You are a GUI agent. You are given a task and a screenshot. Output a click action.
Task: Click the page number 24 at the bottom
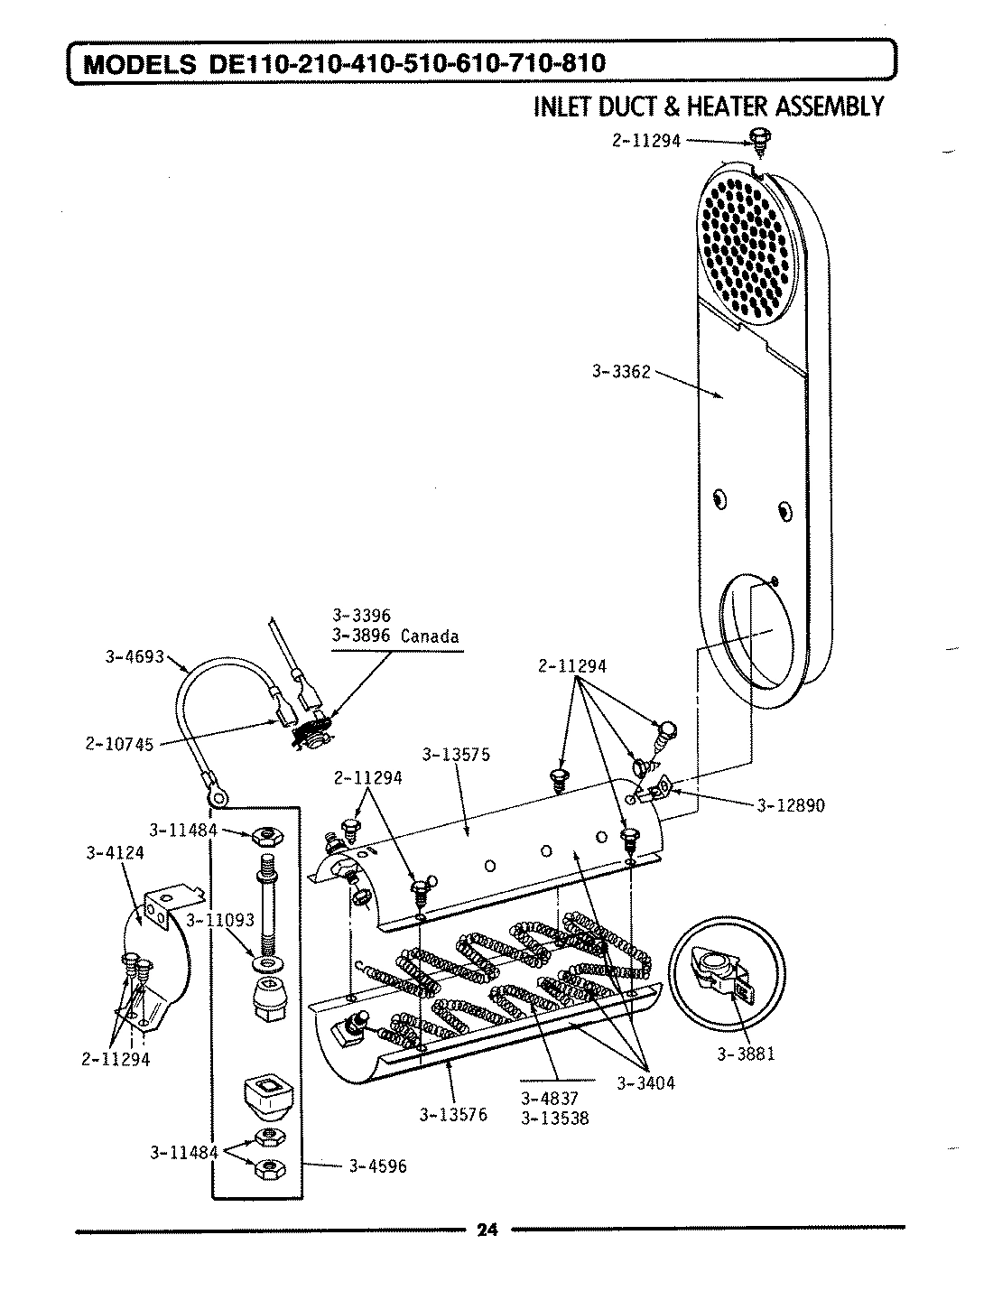click(487, 1229)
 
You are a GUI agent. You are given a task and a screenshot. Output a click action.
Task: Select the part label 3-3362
click(621, 371)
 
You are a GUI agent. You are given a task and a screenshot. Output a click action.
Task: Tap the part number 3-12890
click(790, 806)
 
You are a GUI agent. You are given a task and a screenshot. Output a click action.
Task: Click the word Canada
click(430, 636)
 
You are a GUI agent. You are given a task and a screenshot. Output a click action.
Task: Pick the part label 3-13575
click(456, 755)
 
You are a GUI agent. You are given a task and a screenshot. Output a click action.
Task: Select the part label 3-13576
click(453, 1114)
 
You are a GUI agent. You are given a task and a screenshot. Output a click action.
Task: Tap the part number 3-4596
click(377, 1165)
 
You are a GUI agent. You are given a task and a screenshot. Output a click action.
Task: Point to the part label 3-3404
click(646, 1083)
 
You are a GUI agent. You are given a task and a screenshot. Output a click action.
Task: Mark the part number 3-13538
click(555, 1118)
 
